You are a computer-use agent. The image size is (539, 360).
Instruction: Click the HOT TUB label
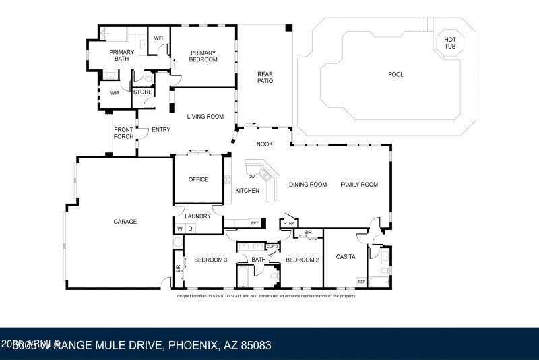click(449, 43)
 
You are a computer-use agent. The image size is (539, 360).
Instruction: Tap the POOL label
click(395, 74)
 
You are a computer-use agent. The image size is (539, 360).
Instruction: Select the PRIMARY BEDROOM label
click(203, 56)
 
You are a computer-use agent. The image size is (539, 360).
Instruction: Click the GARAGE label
click(125, 222)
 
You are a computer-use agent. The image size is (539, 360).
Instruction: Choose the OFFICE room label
click(198, 180)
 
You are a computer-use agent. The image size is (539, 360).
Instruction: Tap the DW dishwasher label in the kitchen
click(251, 177)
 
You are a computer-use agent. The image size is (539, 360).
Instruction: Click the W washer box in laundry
click(180, 229)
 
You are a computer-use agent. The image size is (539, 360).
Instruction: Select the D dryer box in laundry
click(190, 229)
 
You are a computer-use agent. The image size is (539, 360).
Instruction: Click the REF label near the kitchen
click(255, 222)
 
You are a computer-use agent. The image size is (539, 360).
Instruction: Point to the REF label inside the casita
click(361, 282)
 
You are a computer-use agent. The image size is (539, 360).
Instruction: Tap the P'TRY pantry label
click(288, 223)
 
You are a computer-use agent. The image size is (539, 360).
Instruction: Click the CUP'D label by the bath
click(272, 247)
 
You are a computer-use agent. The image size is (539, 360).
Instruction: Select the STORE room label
click(142, 92)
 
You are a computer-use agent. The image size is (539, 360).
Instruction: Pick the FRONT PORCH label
click(123, 133)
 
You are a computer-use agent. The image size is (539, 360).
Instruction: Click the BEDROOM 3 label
click(210, 260)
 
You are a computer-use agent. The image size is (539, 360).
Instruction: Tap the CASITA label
click(346, 257)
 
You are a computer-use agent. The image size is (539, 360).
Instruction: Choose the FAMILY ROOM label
click(358, 185)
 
